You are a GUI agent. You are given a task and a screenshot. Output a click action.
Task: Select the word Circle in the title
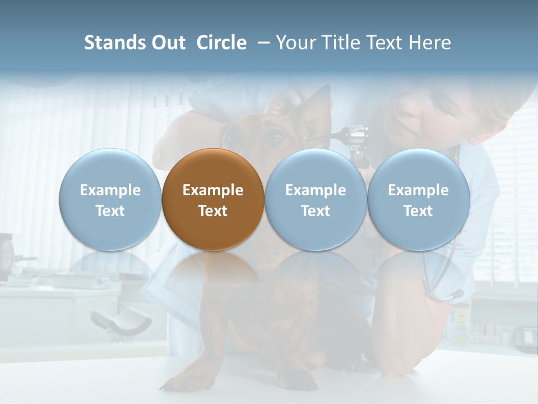[x=221, y=43]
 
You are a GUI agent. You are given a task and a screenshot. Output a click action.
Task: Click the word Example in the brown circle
[x=213, y=190]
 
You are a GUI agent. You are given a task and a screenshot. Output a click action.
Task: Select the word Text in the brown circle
[x=213, y=211]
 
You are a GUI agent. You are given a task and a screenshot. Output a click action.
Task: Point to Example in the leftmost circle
[x=110, y=190]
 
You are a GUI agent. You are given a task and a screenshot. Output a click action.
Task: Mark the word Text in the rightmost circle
[x=418, y=211]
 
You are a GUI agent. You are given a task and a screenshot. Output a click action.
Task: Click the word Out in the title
[x=169, y=43]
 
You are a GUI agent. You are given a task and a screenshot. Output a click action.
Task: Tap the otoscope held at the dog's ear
[x=353, y=137]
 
